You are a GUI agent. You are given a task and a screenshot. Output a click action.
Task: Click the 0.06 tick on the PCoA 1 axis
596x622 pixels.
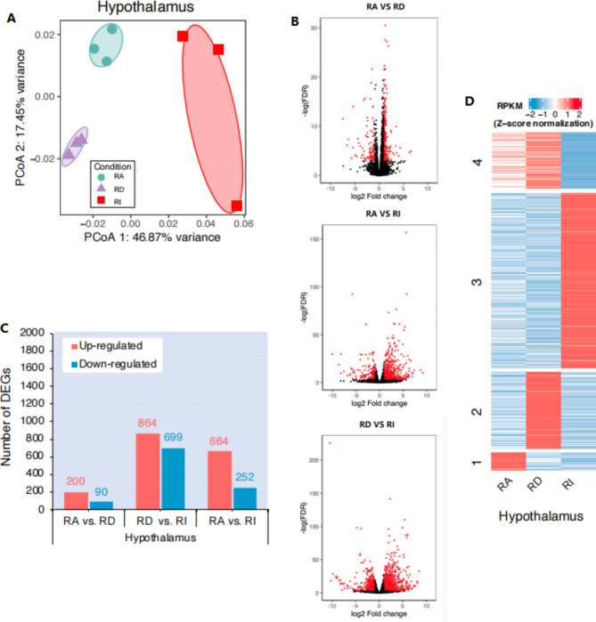243,226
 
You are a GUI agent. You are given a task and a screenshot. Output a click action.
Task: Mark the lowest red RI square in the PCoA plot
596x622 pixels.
237,206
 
